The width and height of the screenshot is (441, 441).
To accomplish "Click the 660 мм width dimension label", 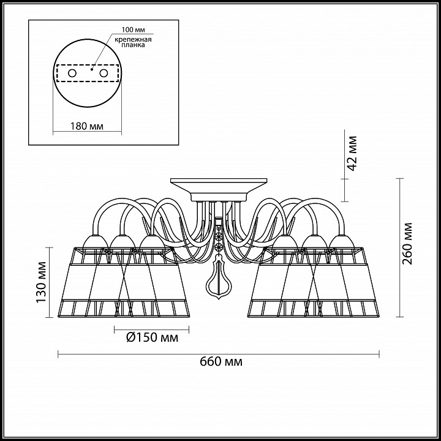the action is pyautogui.click(x=221, y=361).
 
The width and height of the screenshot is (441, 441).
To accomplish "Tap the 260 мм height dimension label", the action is pyautogui.click(x=407, y=244).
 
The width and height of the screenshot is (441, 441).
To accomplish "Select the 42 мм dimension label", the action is pyautogui.click(x=352, y=153).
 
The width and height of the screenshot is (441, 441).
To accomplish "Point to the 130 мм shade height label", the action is pyautogui.click(x=41, y=282).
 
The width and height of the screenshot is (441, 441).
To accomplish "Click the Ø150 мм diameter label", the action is pyautogui.click(x=152, y=337).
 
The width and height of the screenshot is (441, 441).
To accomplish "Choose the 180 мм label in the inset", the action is pyautogui.click(x=86, y=126).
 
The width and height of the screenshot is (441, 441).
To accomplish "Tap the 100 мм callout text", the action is pyautogui.click(x=134, y=30).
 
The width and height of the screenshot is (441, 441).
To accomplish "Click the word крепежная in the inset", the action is pyautogui.click(x=133, y=39).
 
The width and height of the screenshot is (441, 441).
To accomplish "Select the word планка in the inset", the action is pyautogui.click(x=133, y=45).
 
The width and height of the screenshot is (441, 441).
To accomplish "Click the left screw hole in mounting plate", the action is pyautogui.click(x=72, y=73).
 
